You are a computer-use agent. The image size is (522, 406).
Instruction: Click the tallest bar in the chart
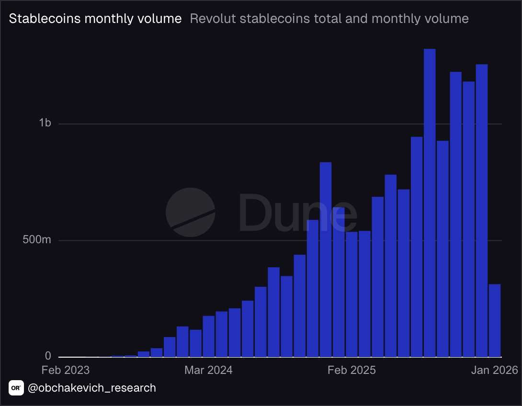(430, 201)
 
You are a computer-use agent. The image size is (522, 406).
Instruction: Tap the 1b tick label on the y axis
(45, 124)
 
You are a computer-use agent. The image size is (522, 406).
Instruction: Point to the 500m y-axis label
(37, 240)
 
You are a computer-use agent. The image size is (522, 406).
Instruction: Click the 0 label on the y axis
(48, 356)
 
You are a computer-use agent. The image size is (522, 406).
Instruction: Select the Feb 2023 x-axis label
(65, 370)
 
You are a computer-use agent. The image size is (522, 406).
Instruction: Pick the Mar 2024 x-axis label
(208, 370)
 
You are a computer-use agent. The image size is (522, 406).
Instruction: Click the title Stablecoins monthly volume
(95, 19)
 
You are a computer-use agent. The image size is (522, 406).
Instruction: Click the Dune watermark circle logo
(190, 212)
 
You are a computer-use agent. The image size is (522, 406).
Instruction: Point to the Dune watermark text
(297, 212)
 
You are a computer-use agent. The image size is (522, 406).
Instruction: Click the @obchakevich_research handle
(92, 387)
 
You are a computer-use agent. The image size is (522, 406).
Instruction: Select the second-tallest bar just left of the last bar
(481, 211)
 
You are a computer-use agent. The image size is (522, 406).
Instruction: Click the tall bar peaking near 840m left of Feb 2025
(326, 259)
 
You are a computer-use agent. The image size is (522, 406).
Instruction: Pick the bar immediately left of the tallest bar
(417, 247)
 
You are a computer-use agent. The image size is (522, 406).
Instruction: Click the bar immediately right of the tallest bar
(443, 249)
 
